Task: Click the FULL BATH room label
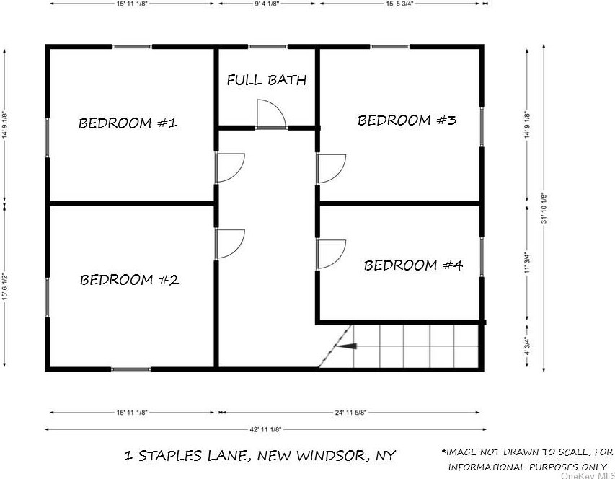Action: (266, 80)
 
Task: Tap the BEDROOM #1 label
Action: (128, 123)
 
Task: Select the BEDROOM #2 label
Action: (129, 280)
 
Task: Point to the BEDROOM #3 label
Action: (407, 120)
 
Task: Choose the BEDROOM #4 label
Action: (412, 265)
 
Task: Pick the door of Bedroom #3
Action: (331, 169)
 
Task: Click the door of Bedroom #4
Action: (331, 253)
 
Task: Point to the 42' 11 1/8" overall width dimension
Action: (264, 429)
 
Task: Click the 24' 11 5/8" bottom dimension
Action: (349, 413)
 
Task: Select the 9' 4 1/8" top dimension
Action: (266, 4)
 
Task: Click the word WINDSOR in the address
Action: (329, 456)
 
